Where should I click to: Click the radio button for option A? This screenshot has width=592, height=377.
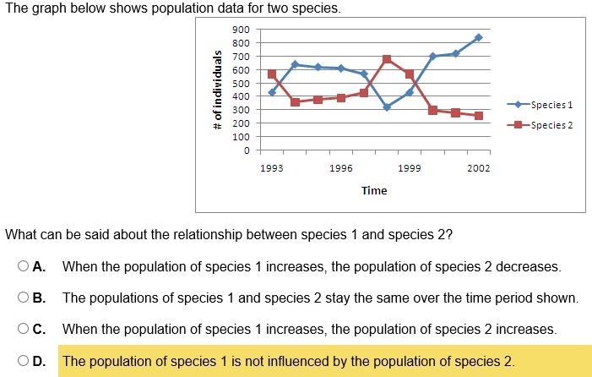tap(24, 267)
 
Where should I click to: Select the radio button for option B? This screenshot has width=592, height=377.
tap(24, 298)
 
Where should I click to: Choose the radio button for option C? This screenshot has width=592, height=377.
tap(24, 329)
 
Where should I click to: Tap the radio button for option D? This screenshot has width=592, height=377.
tap(24, 361)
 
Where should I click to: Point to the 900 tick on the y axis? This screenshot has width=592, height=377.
tap(242, 30)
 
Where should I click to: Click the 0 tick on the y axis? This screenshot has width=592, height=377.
tap(247, 151)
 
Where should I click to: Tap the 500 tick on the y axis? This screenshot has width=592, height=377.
tap(242, 84)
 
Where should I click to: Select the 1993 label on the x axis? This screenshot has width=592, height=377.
tap(272, 168)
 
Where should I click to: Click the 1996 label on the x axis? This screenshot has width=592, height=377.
tap(341, 168)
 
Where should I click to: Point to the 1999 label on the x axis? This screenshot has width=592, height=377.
tap(410, 168)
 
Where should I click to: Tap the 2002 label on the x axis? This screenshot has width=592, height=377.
tap(479, 168)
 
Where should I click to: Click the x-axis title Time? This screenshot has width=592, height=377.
tap(374, 190)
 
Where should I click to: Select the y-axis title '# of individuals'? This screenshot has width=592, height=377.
tap(217, 90)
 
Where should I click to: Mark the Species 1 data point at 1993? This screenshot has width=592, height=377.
tap(272, 92)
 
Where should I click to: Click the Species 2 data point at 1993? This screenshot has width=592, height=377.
tap(272, 74)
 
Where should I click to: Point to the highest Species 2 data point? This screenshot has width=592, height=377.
tap(387, 59)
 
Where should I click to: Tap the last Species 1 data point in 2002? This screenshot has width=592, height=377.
tap(479, 37)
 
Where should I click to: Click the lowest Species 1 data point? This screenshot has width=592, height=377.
tap(387, 107)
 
